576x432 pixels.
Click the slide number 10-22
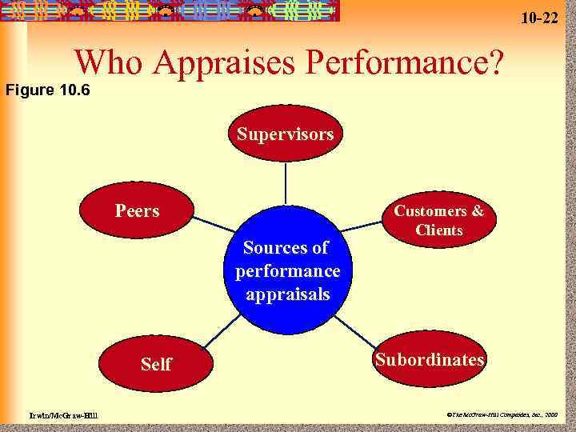tap(539, 17)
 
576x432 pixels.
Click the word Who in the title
tap(107, 63)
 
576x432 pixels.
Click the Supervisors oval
tap(286, 134)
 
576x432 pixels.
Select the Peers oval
tap(137, 211)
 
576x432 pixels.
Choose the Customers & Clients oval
tap(439, 221)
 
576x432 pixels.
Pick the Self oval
tap(156, 364)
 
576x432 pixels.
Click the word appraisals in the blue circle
tap(288, 294)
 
